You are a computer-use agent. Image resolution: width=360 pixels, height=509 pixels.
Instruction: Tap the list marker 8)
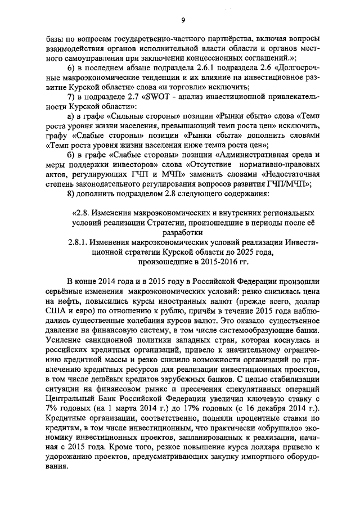pos(71,195)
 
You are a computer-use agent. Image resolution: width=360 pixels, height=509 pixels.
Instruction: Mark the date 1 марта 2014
pos(145,407)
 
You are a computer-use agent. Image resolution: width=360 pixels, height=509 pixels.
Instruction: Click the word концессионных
pos(208,57)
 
